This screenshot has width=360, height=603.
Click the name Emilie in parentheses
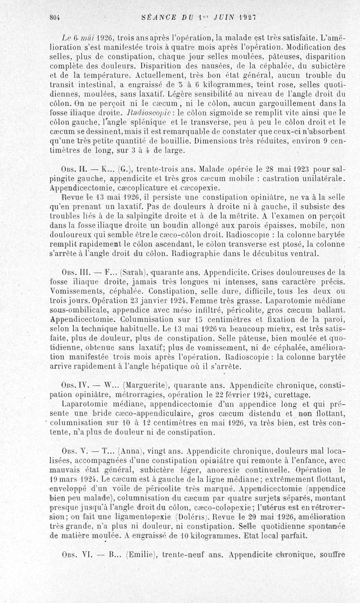click(x=139, y=554)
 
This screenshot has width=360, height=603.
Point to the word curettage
click(x=292, y=395)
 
